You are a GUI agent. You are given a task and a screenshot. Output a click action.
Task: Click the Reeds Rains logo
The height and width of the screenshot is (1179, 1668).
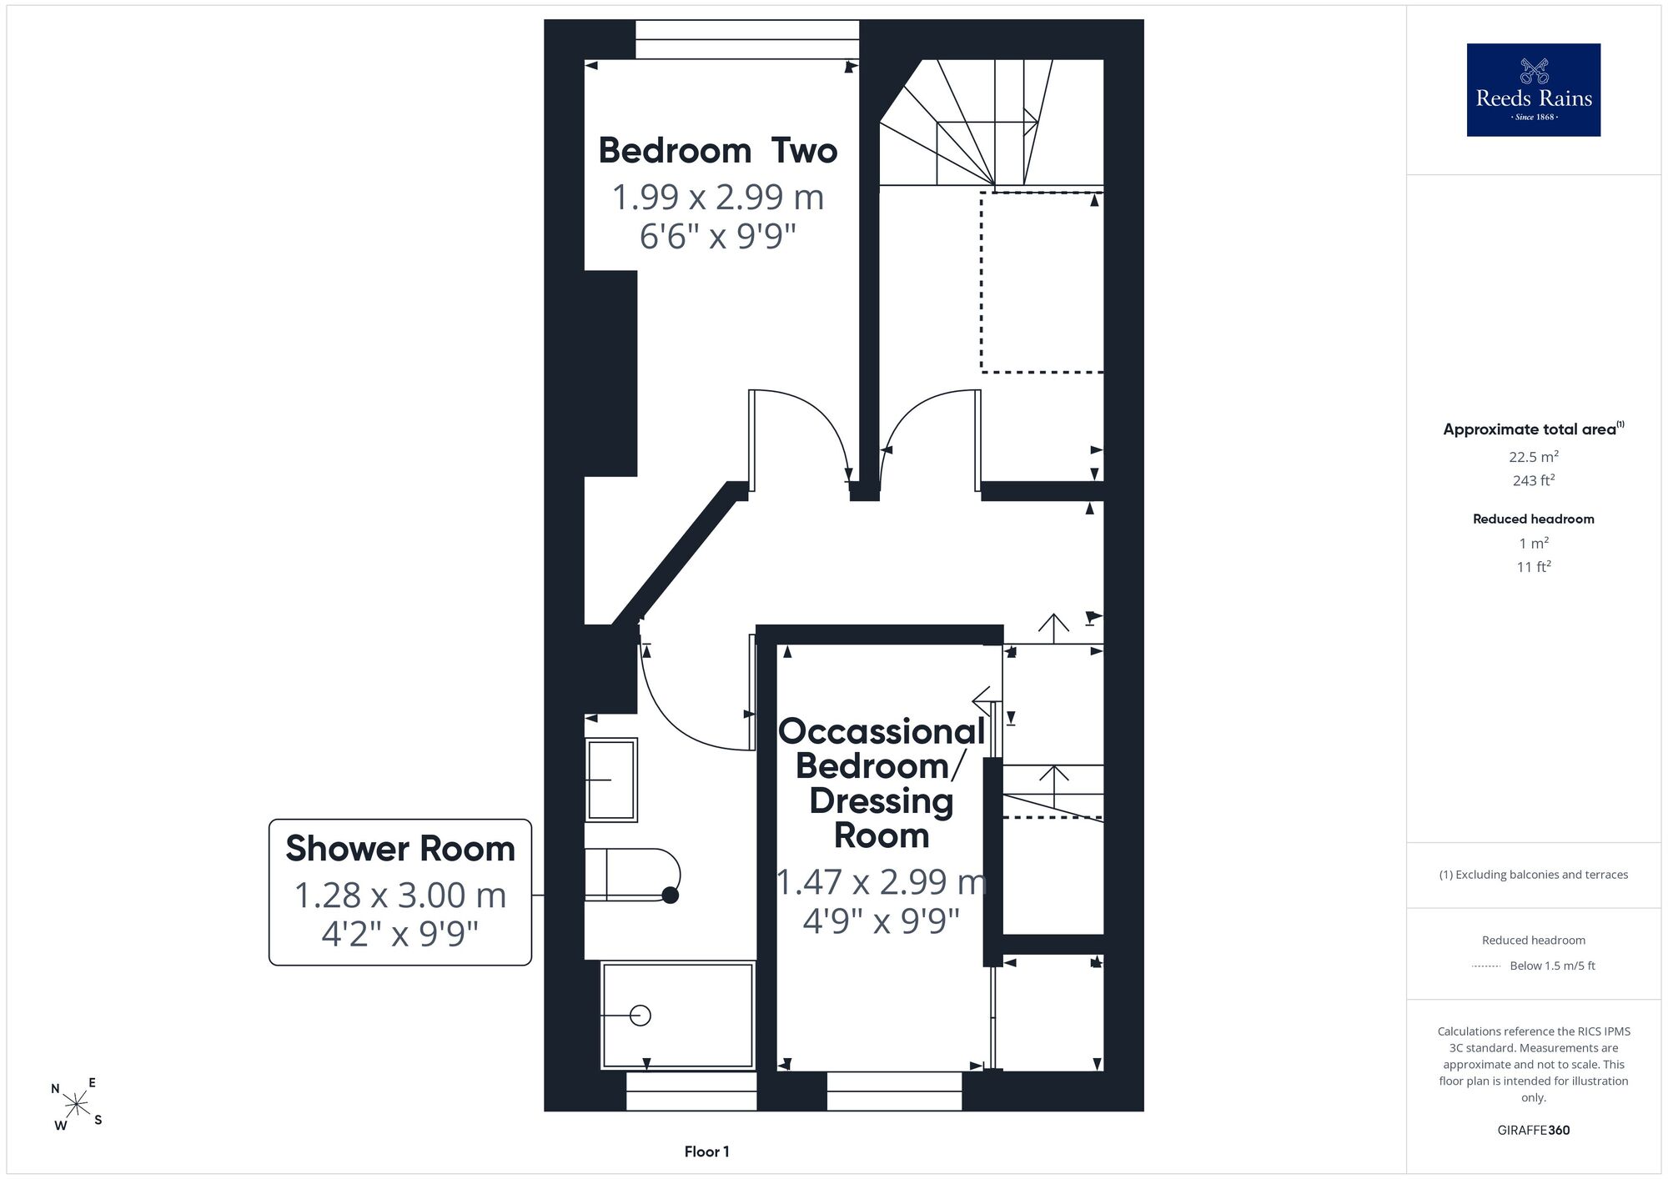coord(1533,89)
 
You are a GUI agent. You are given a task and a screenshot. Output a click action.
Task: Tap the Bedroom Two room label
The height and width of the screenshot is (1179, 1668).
coord(717,151)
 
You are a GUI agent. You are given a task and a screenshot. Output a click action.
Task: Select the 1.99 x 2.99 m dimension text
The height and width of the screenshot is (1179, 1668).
coord(717,198)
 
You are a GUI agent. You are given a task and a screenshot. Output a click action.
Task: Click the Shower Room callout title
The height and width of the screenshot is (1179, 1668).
coord(400,849)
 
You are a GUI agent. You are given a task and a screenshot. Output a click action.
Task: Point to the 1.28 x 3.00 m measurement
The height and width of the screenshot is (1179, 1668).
coord(400,896)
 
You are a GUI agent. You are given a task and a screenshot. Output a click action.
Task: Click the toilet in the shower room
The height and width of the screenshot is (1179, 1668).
coord(633,875)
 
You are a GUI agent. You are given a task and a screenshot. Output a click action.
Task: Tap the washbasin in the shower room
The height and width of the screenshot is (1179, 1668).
coord(611,780)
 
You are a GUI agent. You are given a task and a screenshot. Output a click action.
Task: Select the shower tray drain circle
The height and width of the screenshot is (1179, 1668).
coord(640,1016)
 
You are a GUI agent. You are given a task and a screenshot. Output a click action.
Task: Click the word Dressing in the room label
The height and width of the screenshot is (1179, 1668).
coord(882,800)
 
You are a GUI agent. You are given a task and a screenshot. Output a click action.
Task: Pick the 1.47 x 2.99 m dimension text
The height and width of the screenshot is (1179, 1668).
coord(882,882)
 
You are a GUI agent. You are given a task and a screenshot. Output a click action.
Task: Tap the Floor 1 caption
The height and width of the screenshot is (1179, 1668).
coord(706,1151)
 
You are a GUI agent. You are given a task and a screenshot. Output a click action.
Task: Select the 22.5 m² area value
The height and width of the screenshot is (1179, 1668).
coord(1534,456)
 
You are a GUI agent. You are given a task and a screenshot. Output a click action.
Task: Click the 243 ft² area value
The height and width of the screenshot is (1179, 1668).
coord(1534,479)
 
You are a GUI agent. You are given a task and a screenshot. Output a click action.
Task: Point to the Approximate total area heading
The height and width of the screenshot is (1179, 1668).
coord(1534,429)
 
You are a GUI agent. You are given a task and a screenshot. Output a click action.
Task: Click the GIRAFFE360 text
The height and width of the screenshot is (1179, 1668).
coord(1534,1131)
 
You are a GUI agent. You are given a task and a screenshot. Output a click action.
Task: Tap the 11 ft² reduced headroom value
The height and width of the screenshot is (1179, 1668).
coord(1534,566)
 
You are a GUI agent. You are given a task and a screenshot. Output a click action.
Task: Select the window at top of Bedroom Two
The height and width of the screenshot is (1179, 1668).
coord(747,39)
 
